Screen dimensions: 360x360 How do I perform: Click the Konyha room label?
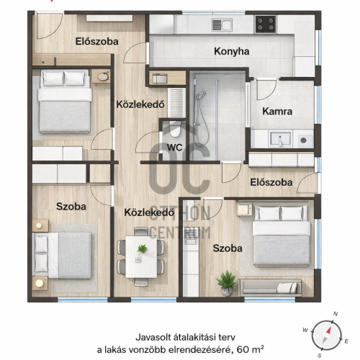point(232,51)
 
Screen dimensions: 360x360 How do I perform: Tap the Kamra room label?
point(277,112)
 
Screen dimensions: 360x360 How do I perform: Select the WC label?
point(174,148)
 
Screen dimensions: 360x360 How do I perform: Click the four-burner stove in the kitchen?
point(266,24)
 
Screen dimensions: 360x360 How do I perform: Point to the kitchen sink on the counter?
point(222,24)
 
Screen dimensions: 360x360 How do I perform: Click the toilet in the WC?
point(175,130)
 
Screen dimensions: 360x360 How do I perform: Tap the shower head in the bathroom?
point(201,96)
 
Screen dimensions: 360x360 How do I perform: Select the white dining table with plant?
point(141,257)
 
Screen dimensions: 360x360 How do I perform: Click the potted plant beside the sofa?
point(226,283)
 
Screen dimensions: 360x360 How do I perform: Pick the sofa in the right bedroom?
point(269,287)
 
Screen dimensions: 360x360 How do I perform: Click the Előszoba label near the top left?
point(96,42)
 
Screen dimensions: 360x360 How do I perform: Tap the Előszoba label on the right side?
point(271,182)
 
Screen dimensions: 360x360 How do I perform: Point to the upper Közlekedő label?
point(140,104)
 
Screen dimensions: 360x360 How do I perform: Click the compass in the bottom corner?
point(326,335)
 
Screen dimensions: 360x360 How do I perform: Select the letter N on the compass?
point(336,314)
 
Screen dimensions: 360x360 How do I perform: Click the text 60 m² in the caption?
point(250,349)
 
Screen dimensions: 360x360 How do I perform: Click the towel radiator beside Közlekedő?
point(176,102)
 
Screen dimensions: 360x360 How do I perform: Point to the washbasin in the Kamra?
point(281,139)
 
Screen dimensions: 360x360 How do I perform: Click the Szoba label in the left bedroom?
point(71,207)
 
